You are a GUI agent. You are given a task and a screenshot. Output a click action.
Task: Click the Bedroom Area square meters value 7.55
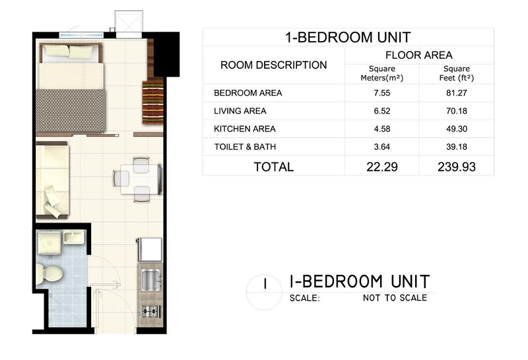pyautogui.click(x=382, y=93)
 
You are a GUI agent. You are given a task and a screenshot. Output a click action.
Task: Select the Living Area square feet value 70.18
pyautogui.click(x=457, y=111)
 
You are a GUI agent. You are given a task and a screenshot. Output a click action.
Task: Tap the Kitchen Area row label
pyautogui.click(x=244, y=129)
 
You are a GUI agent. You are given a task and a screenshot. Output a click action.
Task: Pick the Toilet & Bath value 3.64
pyautogui.click(x=382, y=147)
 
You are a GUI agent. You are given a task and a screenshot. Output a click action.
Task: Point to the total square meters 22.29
pyautogui.click(x=382, y=167)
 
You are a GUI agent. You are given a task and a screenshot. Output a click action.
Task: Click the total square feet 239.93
pyautogui.click(x=457, y=167)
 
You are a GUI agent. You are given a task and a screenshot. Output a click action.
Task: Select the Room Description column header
pyautogui.click(x=273, y=65)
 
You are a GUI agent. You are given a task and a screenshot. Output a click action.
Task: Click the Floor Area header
pyautogui.click(x=419, y=55)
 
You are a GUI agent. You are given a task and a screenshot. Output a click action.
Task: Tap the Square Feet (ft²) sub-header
pyautogui.click(x=457, y=73)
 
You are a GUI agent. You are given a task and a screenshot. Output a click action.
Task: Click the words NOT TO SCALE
pyautogui.click(x=395, y=298)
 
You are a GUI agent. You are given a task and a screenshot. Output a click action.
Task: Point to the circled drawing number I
pyautogui.click(x=265, y=284)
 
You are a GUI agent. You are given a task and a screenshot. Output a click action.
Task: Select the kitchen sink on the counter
pyautogui.click(x=151, y=281)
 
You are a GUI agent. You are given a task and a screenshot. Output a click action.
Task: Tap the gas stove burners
pyautogui.click(x=150, y=312)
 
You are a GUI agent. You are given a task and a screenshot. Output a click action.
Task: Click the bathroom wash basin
pyautogui.click(x=73, y=236)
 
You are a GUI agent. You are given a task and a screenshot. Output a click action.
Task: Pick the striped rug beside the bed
pyautogui.click(x=153, y=102)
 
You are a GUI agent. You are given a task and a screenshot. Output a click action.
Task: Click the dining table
pyautogui.click(x=140, y=179)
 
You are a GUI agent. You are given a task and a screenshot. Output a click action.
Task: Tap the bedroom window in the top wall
pyautogui.click(x=81, y=35)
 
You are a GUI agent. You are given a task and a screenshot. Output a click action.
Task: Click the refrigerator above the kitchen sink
pyautogui.click(x=150, y=250)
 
